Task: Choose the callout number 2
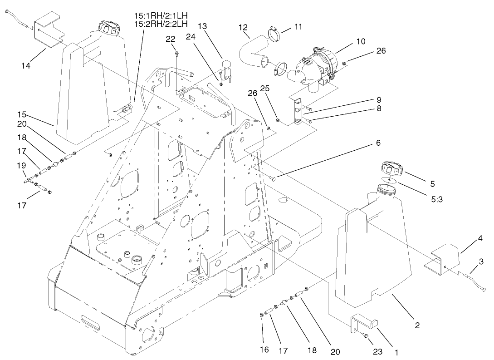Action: [417, 325]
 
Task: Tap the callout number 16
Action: [264, 350]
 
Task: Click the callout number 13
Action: [202, 26]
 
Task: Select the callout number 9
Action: [378, 99]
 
